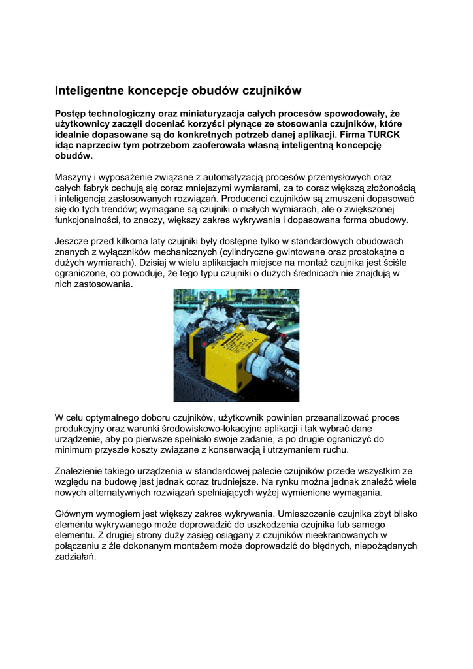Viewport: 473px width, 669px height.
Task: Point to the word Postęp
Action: pyautogui.click(x=70, y=113)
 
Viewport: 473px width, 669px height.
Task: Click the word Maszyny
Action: pyautogui.click(x=73, y=177)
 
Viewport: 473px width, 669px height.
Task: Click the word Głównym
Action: pyautogui.click(x=76, y=514)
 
